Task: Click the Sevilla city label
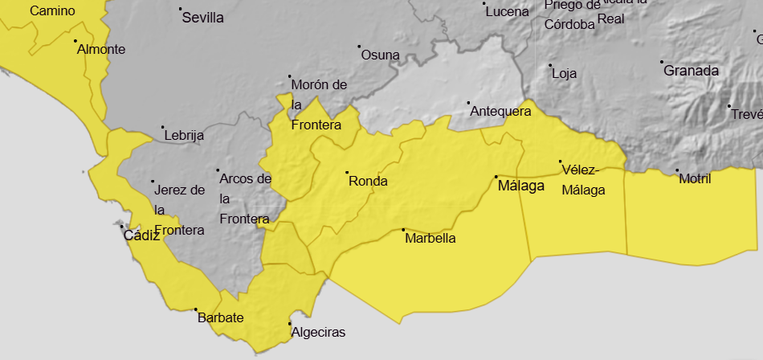203,18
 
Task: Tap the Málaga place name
521,186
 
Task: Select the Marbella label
430,239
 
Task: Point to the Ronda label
368,181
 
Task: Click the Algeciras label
318,332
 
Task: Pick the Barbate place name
220,317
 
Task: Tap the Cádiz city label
141,235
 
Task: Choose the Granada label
691,71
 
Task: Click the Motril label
695,178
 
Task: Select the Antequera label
500,111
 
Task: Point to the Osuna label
380,55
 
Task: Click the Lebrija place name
184,136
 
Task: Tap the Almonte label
101,49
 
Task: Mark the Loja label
565,73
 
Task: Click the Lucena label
508,12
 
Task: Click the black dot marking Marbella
404,230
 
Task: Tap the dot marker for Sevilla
180,9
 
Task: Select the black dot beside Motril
678,170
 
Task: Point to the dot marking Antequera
469,103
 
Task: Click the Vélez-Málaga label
583,179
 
